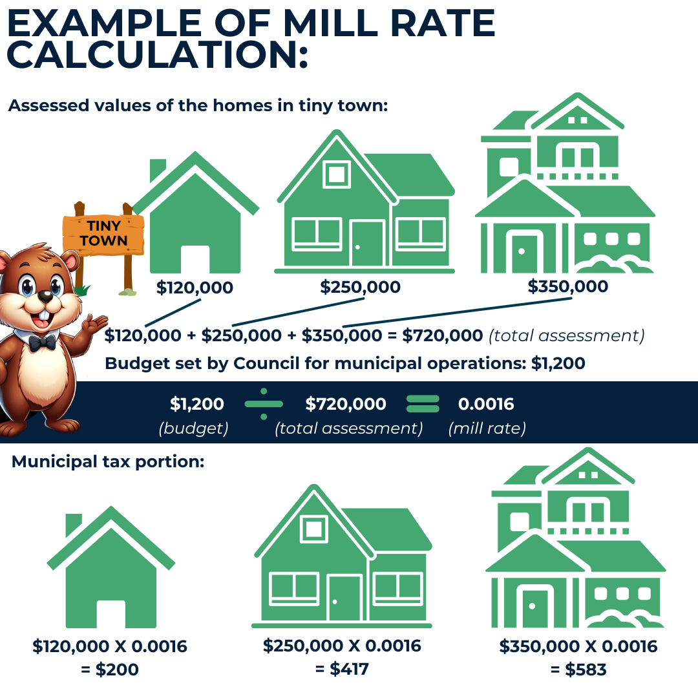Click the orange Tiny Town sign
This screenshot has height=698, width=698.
[103, 234]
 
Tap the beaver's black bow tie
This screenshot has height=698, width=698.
[42, 343]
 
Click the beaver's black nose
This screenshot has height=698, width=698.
[45, 297]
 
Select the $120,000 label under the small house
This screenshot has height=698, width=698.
[195, 288]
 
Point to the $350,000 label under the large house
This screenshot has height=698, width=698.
[568, 286]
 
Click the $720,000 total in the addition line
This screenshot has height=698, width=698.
[443, 335]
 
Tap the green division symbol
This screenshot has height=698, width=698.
[264, 404]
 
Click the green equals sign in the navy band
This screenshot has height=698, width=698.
[423, 404]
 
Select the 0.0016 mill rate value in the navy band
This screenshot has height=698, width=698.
[486, 404]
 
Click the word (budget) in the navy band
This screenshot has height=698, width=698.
[194, 428]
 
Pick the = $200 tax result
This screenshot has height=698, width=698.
[110, 670]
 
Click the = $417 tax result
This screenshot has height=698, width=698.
[342, 669]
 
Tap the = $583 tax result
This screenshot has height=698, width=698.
[578, 670]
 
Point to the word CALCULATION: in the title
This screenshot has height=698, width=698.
[157, 55]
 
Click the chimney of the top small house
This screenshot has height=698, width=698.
[157, 169]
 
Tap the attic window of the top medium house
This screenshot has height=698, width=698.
[337, 174]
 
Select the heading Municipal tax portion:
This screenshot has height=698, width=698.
[108, 461]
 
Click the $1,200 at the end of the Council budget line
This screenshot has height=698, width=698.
[558, 363]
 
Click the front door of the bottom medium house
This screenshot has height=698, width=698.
[344, 597]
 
